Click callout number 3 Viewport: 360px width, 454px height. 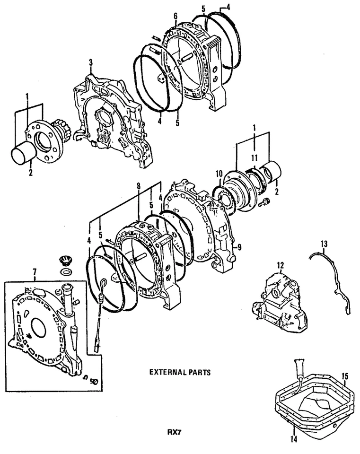[x=91, y=62]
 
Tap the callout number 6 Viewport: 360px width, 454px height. [x=175, y=15]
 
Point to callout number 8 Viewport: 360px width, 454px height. [x=138, y=186]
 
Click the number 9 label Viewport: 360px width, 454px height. [x=239, y=246]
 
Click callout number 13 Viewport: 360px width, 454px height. [x=324, y=244]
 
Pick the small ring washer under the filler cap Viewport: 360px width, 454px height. [x=65, y=272]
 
